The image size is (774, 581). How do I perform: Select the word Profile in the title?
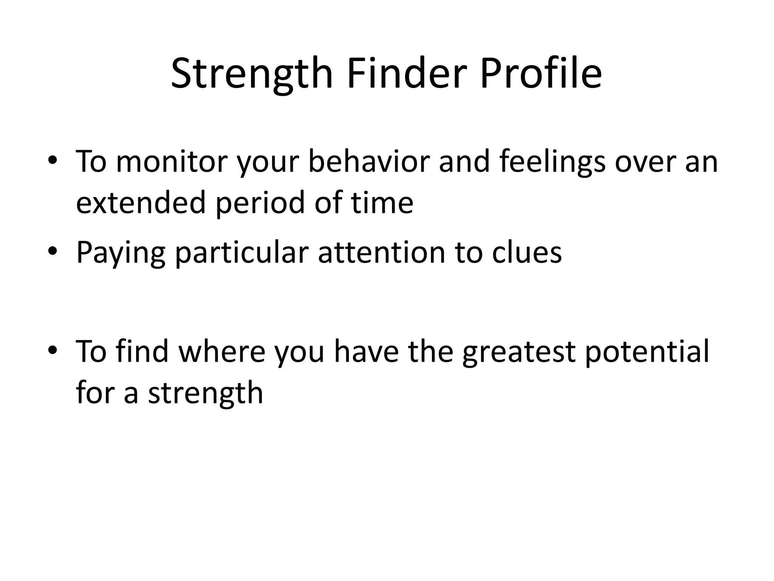(541, 74)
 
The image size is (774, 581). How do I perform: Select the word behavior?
(369, 162)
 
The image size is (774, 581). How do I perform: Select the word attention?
(381, 253)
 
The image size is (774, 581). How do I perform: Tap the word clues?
(527, 253)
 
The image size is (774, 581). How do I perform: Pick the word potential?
(647, 352)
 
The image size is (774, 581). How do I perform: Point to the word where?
(222, 352)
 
